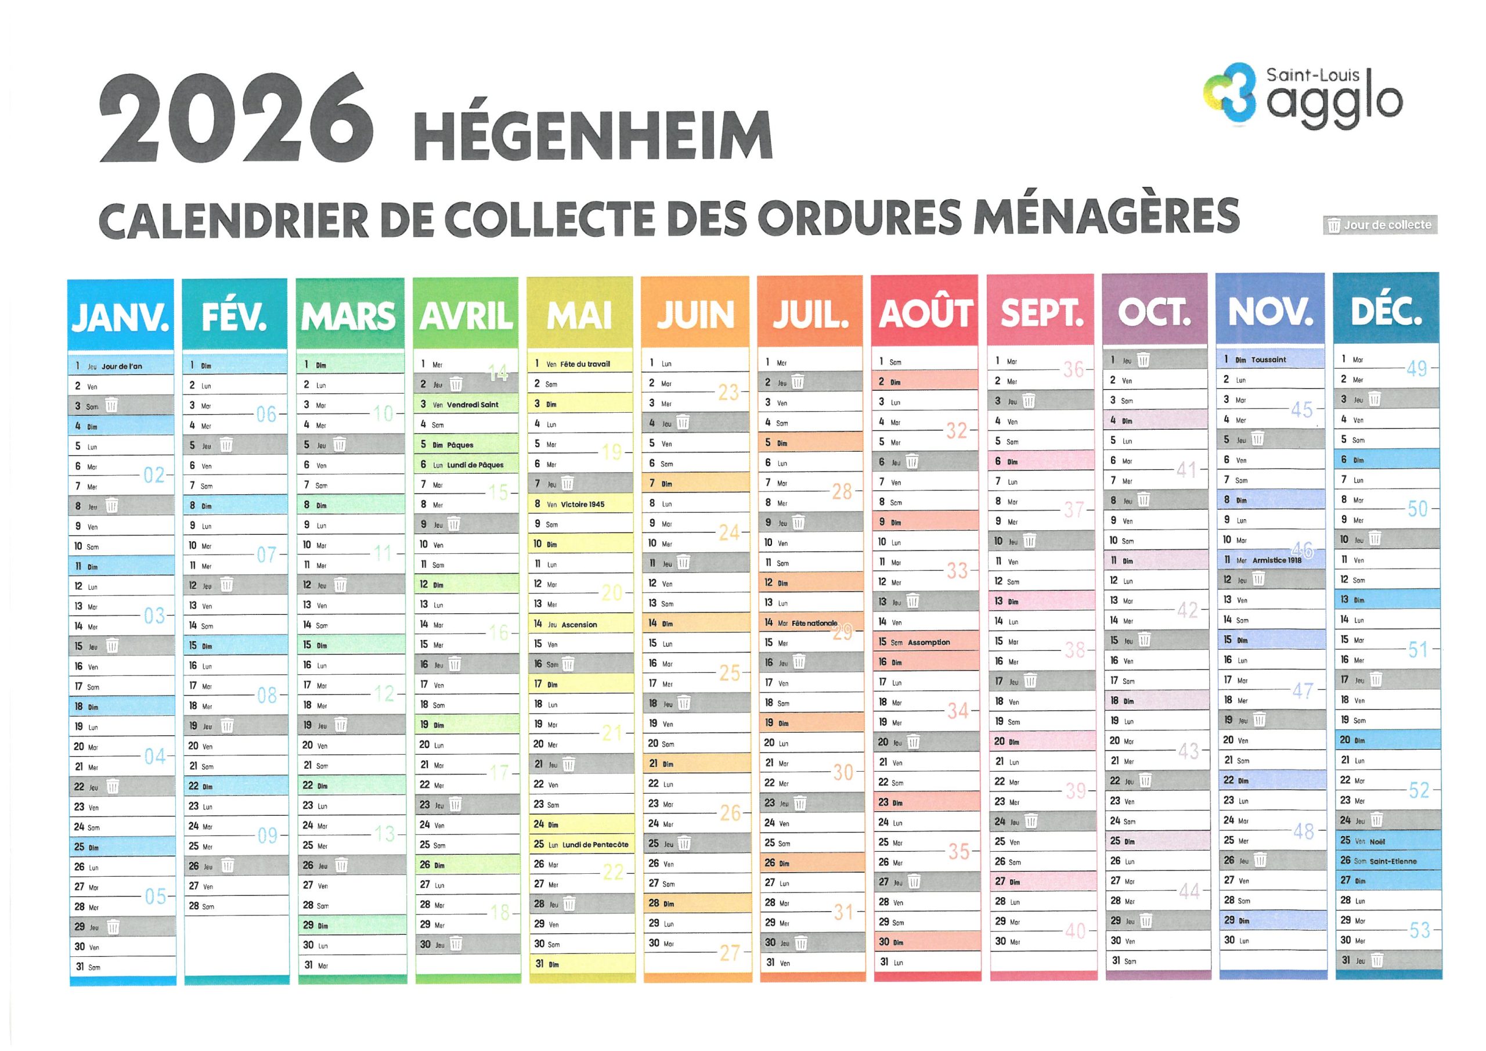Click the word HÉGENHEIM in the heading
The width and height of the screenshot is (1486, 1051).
click(592, 135)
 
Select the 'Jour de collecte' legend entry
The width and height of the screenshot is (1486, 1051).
click(1380, 225)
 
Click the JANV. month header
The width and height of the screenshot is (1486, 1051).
click(121, 316)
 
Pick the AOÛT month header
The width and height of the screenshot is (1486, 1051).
click(924, 313)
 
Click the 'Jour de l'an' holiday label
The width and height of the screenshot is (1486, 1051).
click(122, 366)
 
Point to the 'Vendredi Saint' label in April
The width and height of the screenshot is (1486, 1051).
click(473, 405)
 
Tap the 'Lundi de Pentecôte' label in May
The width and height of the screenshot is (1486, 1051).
click(595, 844)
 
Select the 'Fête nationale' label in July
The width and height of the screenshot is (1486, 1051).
click(814, 623)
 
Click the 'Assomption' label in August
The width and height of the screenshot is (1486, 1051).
click(929, 642)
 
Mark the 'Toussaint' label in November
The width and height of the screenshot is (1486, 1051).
click(1268, 359)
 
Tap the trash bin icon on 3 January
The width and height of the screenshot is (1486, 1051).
click(111, 406)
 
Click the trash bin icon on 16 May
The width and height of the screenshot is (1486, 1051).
click(568, 664)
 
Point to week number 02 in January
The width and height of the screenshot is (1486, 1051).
click(154, 476)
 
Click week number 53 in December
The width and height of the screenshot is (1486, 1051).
click(1419, 931)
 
